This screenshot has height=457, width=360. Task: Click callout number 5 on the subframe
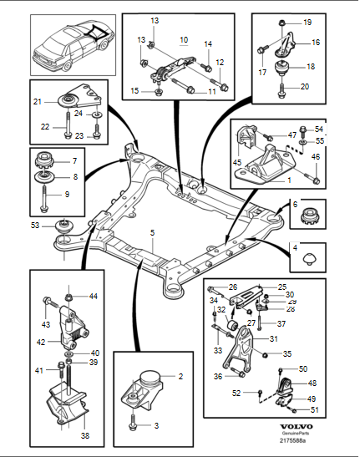click(152, 231)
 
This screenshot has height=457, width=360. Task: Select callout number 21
click(37, 101)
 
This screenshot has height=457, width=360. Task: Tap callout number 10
click(184, 39)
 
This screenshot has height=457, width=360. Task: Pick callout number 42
click(40, 342)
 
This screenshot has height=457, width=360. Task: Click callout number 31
click(273, 338)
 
